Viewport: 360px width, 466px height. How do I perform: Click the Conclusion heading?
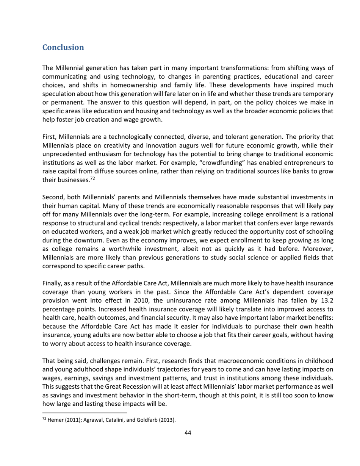click(63, 47)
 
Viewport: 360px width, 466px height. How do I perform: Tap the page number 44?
click(187, 433)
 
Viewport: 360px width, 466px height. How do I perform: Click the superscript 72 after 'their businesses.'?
click(92, 178)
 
